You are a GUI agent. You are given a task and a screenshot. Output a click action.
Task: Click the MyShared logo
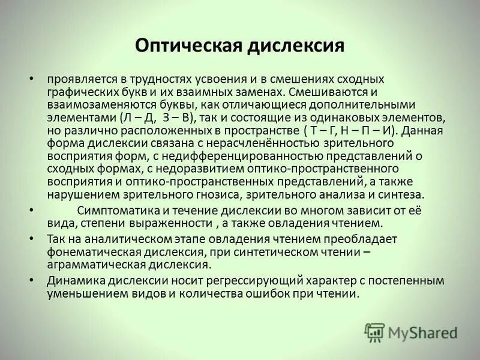[x=411, y=332]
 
